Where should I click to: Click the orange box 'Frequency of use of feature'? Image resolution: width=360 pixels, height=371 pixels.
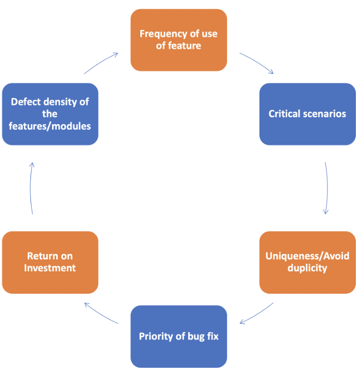click(x=178, y=40)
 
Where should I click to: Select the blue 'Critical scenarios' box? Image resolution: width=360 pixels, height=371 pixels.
click(x=307, y=114)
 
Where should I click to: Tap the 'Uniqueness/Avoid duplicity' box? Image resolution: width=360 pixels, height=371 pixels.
click(x=307, y=262)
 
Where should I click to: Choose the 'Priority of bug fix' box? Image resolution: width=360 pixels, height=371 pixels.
click(x=178, y=336)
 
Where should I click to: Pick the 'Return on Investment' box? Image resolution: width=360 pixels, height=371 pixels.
click(x=50, y=262)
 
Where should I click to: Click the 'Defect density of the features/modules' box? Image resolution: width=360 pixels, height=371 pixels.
click(x=50, y=114)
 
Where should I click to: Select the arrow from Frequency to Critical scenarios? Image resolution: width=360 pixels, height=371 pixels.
click(x=256, y=63)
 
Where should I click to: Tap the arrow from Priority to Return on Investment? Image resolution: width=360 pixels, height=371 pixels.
click(x=101, y=313)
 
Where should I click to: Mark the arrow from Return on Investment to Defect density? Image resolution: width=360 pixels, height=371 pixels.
click(x=31, y=188)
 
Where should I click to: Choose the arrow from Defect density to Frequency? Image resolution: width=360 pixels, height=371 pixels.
click(x=101, y=63)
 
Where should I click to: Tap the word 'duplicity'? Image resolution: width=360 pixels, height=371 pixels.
click(x=307, y=268)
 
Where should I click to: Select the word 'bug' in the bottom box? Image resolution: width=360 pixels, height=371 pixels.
click(x=195, y=336)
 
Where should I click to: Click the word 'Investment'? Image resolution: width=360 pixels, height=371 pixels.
click(x=50, y=268)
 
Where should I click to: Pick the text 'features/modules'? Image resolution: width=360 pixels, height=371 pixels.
click(x=50, y=126)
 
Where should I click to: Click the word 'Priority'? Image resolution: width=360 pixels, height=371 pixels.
click(x=156, y=336)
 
